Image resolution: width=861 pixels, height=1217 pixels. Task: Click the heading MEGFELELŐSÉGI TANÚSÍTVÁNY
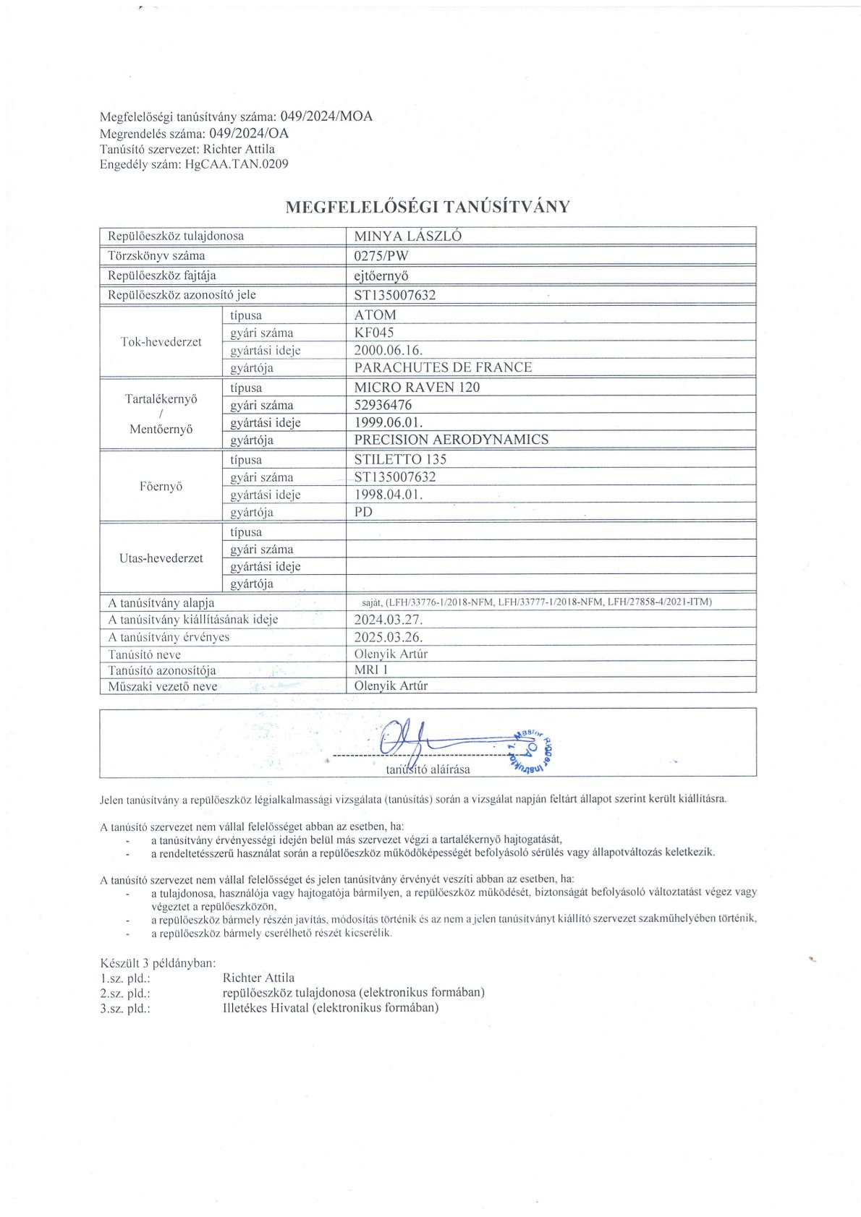coord(428,207)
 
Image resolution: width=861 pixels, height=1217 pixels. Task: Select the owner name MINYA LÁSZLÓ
coord(407,236)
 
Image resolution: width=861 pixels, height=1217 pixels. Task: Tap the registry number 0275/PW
coord(381,255)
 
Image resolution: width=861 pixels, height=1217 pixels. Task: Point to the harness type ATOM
coord(375,315)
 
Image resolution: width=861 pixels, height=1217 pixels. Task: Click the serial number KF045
coord(374,333)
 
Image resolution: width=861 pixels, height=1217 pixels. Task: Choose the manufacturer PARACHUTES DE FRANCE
coord(443,367)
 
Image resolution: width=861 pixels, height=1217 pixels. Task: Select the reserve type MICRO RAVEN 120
coord(417,387)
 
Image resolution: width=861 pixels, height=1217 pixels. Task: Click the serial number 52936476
coord(383,405)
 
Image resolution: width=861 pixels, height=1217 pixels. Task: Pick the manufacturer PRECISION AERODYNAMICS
coord(451,440)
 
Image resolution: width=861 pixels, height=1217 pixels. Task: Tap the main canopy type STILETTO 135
coord(400,459)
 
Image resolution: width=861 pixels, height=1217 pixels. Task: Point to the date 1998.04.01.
coord(388,495)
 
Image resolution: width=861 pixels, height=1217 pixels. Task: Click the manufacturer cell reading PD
coord(363,512)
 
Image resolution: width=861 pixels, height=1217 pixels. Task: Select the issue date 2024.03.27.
coord(388,620)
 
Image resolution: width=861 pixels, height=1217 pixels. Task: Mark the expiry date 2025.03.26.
coord(388,637)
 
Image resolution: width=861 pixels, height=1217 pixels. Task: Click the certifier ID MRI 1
coord(371,670)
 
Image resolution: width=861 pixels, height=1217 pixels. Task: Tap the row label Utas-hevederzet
coord(161,558)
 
